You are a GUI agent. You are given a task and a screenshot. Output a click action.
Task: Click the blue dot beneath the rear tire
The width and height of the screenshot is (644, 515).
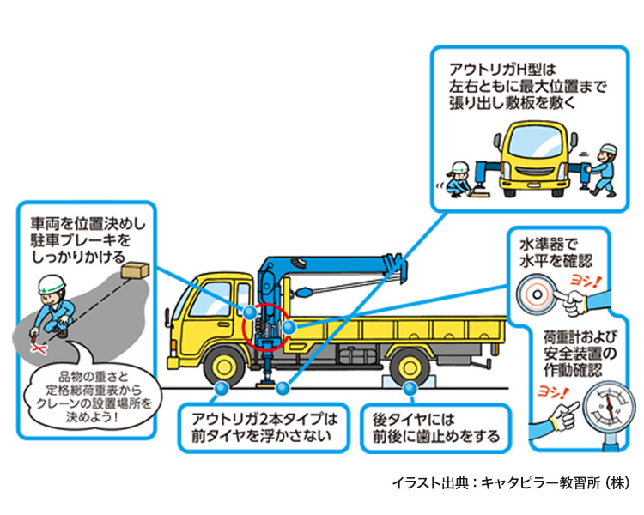pyautogui.click(x=412, y=388)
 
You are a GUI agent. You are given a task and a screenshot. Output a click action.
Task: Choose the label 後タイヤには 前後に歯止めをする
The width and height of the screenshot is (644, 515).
pyautogui.click(x=435, y=428)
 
